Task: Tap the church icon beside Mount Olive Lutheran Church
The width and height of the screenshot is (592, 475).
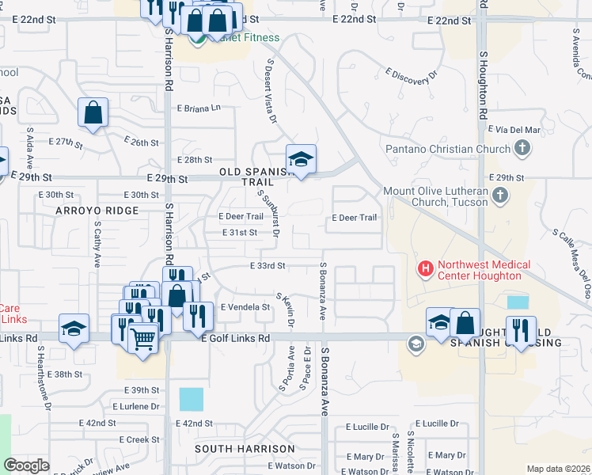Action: (x=499, y=195)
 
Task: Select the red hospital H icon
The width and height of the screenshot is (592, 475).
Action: (x=427, y=270)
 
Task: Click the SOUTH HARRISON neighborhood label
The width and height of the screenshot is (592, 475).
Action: (x=235, y=448)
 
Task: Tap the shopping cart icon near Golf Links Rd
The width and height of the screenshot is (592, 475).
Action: (x=142, y=340)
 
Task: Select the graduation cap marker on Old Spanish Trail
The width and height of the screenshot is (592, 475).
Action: (x=301, y=159)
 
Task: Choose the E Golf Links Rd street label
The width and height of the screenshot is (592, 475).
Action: (x=236, y=338)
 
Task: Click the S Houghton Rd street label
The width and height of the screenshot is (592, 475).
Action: (x=482, y=87)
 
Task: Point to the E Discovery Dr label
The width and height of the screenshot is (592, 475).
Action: (x=412, y=75)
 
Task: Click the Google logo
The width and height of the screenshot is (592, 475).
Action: (x=26, y=465)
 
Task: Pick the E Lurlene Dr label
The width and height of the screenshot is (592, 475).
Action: (x=135, y=406)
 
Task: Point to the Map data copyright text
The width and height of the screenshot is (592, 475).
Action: (x=559, y=469)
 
